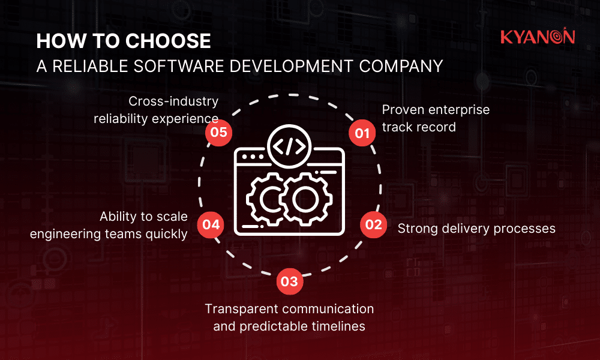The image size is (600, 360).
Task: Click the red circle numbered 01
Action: pos(362,133)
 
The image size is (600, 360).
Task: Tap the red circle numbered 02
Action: pos(373,224)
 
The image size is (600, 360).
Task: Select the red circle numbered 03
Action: pos(289,281)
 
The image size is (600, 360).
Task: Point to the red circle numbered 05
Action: pos(219,133)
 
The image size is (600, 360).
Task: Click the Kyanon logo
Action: pos(538,37)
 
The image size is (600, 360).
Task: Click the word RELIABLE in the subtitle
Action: pos(94,65)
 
